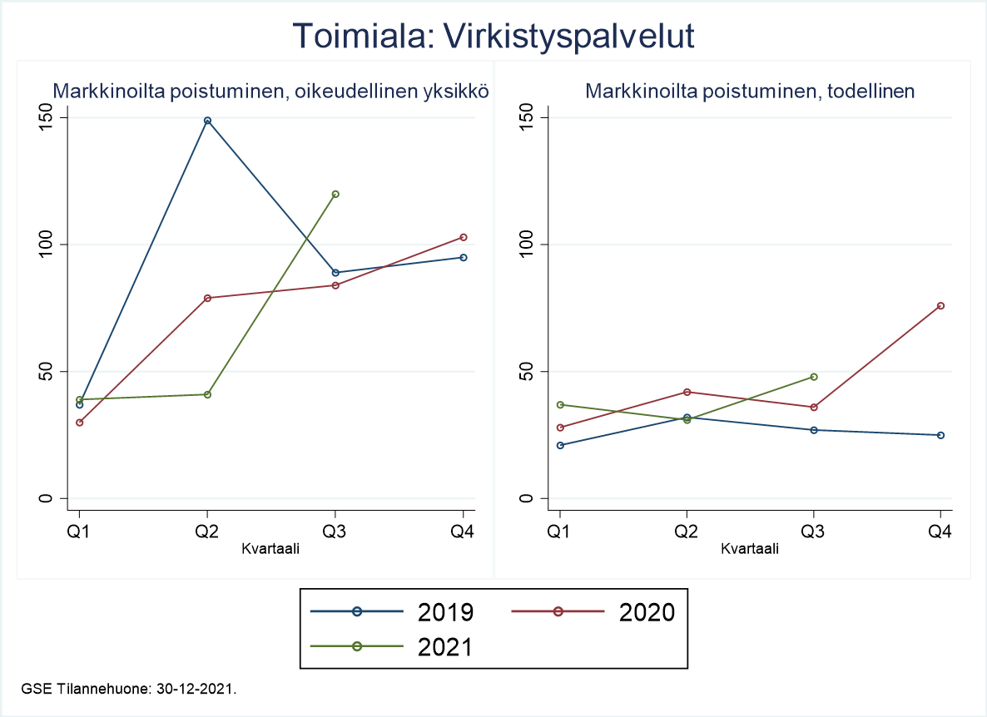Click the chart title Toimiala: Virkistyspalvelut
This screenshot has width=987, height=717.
493,37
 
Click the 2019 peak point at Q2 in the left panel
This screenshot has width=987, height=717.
207,121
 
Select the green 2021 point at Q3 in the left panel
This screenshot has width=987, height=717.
335,194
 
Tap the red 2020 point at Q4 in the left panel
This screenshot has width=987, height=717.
464,237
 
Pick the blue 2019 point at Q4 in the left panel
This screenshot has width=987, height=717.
464,257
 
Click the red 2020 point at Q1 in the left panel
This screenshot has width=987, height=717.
80,423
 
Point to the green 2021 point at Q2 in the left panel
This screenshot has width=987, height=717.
207,394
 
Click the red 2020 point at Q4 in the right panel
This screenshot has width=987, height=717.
941,305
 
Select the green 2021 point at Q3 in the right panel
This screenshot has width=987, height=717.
814,377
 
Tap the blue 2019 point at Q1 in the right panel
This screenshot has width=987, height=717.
560,445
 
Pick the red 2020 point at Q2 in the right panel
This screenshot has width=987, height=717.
687,392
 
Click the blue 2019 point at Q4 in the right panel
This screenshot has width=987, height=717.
941,435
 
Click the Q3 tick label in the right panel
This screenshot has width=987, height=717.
812,533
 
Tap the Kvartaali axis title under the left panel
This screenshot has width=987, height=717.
270,549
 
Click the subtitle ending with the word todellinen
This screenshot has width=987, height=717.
750,91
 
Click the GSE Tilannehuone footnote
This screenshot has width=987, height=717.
130,689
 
